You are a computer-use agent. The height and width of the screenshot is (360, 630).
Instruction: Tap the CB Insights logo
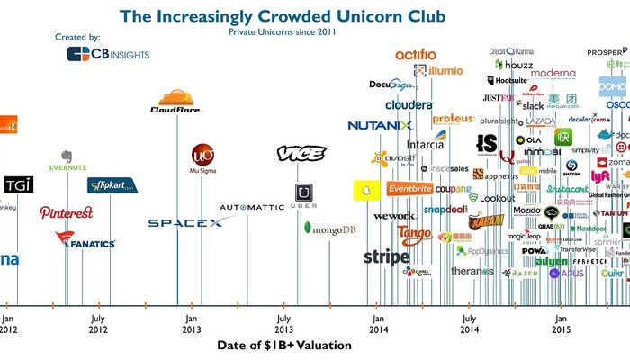pos(108,54)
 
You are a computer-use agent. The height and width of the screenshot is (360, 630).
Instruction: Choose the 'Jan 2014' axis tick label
pos(377,323)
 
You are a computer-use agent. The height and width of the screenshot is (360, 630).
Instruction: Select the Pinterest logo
pos(66,212)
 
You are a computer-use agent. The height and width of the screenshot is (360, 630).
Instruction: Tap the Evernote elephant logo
pos(67,160)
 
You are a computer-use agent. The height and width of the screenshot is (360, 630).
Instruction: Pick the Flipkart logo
pos(111,185)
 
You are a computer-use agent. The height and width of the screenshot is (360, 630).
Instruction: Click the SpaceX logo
pos(184,222)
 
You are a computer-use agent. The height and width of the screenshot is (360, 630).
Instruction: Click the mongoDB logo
pos(330,229)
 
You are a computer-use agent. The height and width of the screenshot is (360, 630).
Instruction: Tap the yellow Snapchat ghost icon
pos(364,191)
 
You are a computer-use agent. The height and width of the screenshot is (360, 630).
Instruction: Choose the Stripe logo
pos(386,257)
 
